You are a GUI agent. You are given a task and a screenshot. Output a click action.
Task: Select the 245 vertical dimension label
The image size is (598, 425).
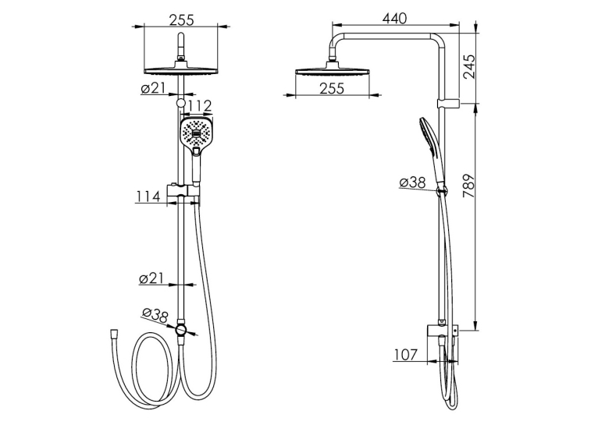[469, 66]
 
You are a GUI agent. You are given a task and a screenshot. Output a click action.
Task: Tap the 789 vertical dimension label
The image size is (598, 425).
[469, 186]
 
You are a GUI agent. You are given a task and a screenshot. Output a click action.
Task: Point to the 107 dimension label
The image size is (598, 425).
[405, 355]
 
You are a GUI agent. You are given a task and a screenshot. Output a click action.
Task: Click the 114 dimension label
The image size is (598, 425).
[148, 197]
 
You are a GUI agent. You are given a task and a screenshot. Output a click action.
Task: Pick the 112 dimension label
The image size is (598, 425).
[199, 106]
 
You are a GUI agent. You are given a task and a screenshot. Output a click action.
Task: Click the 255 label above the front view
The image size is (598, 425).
[182, 19]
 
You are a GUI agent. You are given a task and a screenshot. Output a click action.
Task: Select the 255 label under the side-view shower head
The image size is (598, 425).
[332, 88]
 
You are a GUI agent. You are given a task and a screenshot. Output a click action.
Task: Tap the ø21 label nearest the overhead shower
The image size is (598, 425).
[152, 88]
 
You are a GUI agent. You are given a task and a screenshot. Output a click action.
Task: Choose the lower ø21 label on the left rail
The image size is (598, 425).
[151, 278]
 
